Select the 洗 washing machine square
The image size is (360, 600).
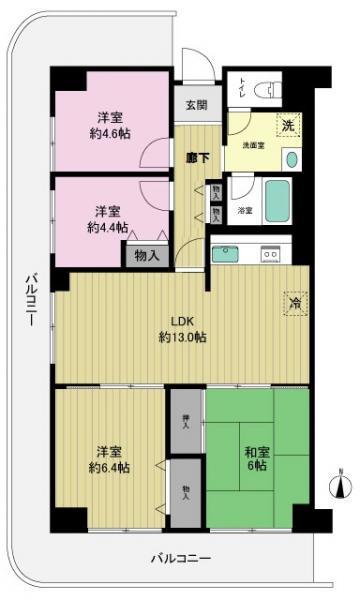pyautogui.click(x=287, y=127)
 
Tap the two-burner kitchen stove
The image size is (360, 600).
pyautogui.click(x=270, y=254)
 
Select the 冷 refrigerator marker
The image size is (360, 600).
pyautogui.click(x=294, y=302)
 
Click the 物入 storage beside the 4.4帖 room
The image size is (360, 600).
pyautogui.click(x=146, y=255)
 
